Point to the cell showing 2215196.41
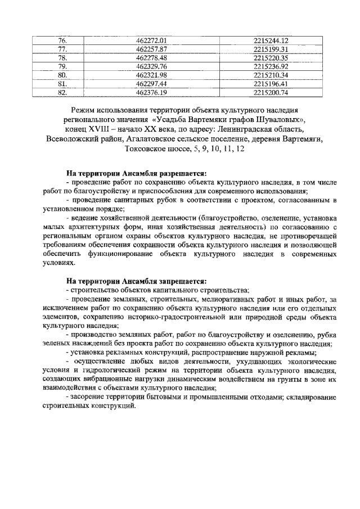click(271, 84)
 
